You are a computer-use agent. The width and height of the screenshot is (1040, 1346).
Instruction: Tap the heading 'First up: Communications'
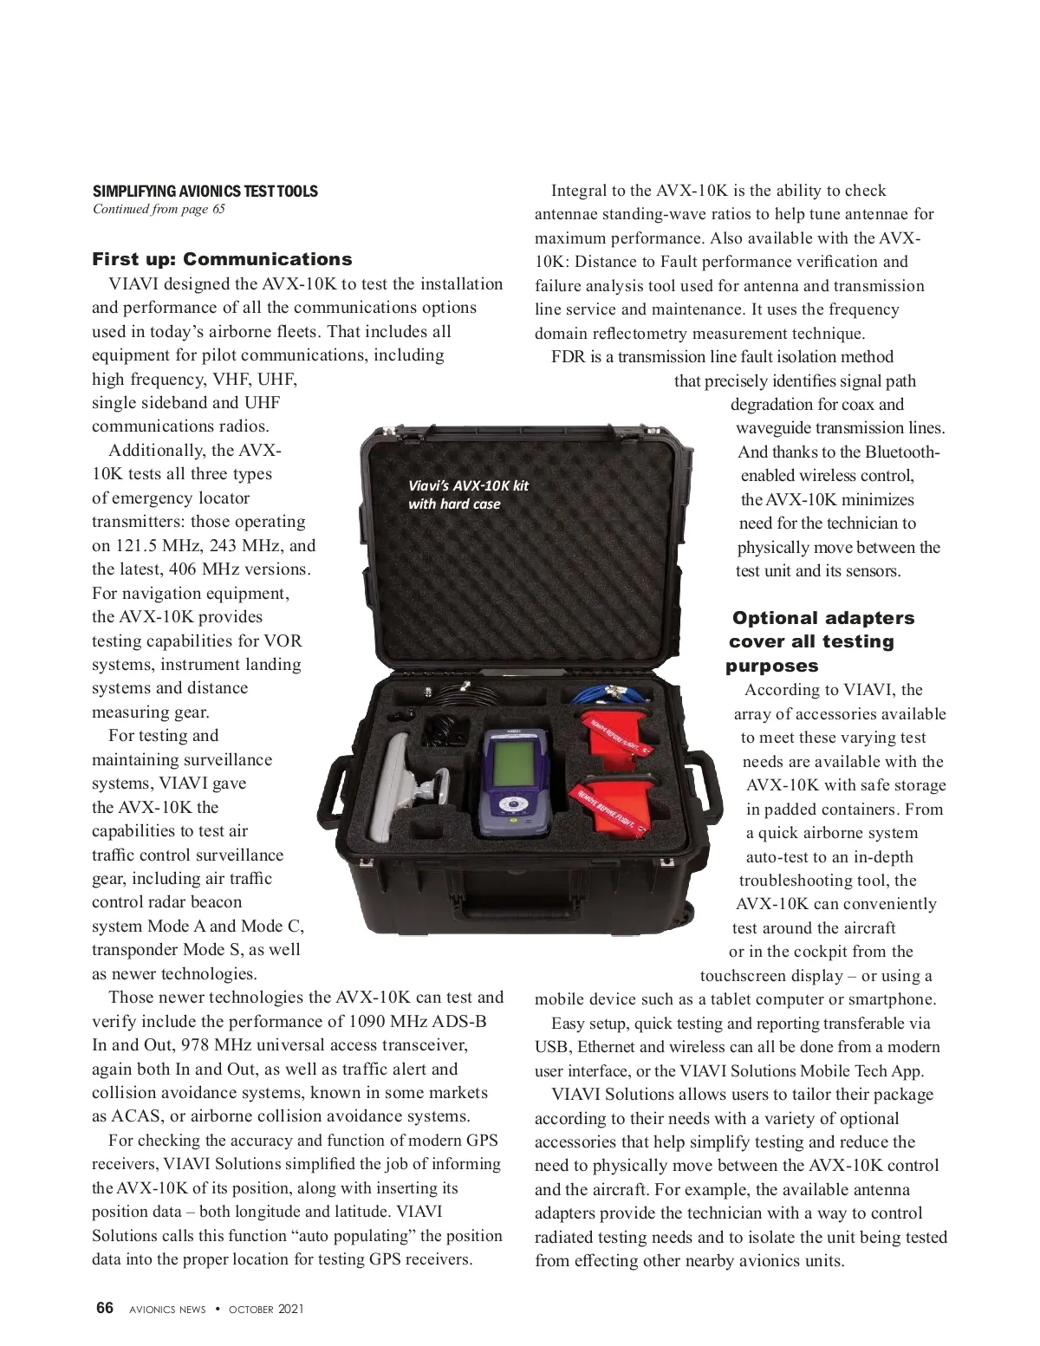[222, 259]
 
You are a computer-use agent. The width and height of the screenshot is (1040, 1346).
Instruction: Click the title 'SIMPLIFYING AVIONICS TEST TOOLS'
[205, 191]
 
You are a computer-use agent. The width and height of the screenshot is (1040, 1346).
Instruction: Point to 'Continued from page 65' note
[159, 209]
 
